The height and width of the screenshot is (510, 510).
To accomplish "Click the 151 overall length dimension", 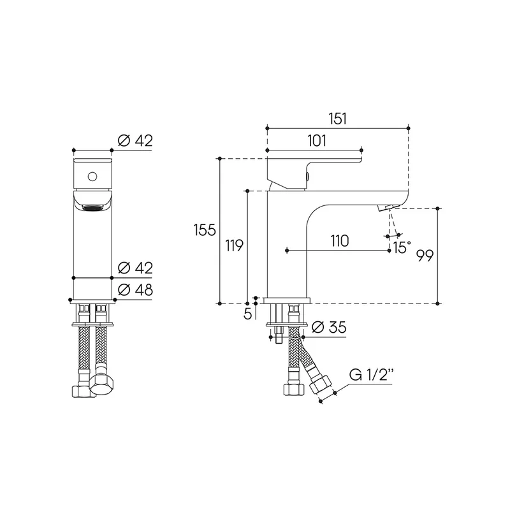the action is coord(338,119).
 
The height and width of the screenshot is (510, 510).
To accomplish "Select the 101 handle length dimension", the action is coord(317,141).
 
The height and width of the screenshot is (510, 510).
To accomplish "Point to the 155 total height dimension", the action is coord(205,230).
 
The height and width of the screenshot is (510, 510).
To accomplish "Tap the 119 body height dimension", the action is coord(235,245).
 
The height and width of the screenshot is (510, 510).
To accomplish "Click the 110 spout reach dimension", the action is coord(340,241).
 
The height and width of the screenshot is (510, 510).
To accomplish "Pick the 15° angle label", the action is coord(402,247).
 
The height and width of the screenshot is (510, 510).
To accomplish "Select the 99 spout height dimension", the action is coord(425,256).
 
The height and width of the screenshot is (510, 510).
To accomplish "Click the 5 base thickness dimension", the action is coord(248,314).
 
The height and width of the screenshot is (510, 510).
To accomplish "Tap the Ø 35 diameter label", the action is coord(329,327).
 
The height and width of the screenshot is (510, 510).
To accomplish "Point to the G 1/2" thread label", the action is coord(370,375).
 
